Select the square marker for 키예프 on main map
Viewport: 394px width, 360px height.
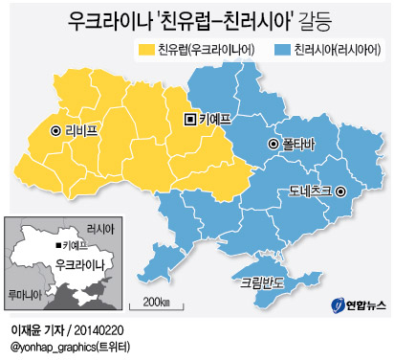click(189, 119)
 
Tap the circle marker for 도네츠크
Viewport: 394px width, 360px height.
click(340, 191)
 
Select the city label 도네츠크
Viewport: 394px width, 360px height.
click(309, 191)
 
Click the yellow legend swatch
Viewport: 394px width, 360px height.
click(146, 49)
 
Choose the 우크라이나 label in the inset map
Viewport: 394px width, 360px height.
click(79, 262)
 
